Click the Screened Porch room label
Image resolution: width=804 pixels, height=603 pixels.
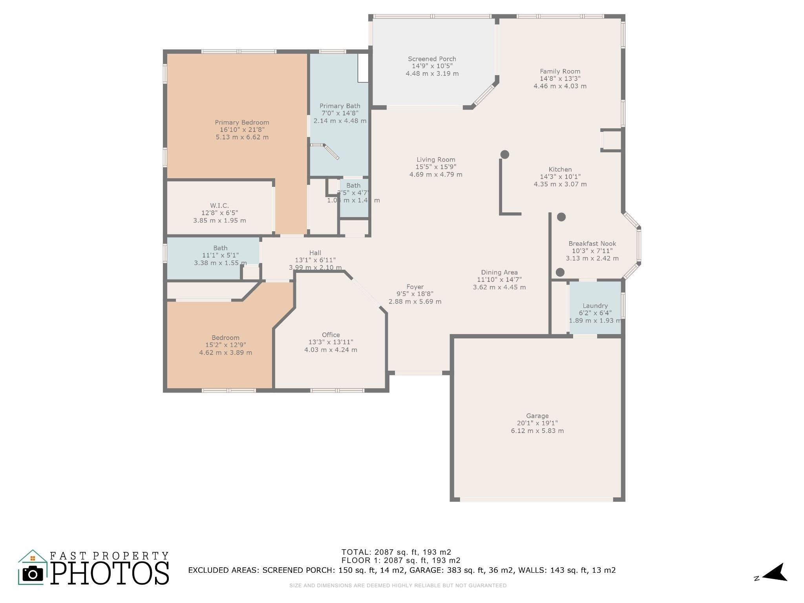click(432, 59)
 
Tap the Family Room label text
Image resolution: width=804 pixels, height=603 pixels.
click(560, 71)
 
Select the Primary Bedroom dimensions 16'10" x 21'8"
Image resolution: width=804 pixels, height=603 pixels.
click(242, 130)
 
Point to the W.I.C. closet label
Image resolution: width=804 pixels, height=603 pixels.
click(219, 205)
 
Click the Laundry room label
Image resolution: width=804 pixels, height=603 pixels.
click(595, 306)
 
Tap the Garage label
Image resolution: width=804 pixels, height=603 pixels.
click(537, 416)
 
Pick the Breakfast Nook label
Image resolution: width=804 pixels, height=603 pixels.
click(592, 243)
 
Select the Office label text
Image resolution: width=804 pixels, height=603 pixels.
click(331, 335)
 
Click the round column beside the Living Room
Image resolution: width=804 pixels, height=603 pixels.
click(505, 154)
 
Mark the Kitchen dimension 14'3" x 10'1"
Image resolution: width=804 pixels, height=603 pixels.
click(560, 177)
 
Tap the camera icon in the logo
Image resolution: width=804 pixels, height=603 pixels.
click(33, 574)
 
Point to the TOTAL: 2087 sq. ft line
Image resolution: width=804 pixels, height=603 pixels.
click(396, 552)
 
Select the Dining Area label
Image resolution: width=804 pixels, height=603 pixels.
click(499, 272)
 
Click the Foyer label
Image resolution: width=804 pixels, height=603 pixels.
click(415, 287)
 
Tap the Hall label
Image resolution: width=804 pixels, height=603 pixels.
click(315, 253)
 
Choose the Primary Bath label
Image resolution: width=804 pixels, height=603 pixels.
click(340, 106)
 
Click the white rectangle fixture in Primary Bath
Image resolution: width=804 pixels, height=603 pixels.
click(363, 68)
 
